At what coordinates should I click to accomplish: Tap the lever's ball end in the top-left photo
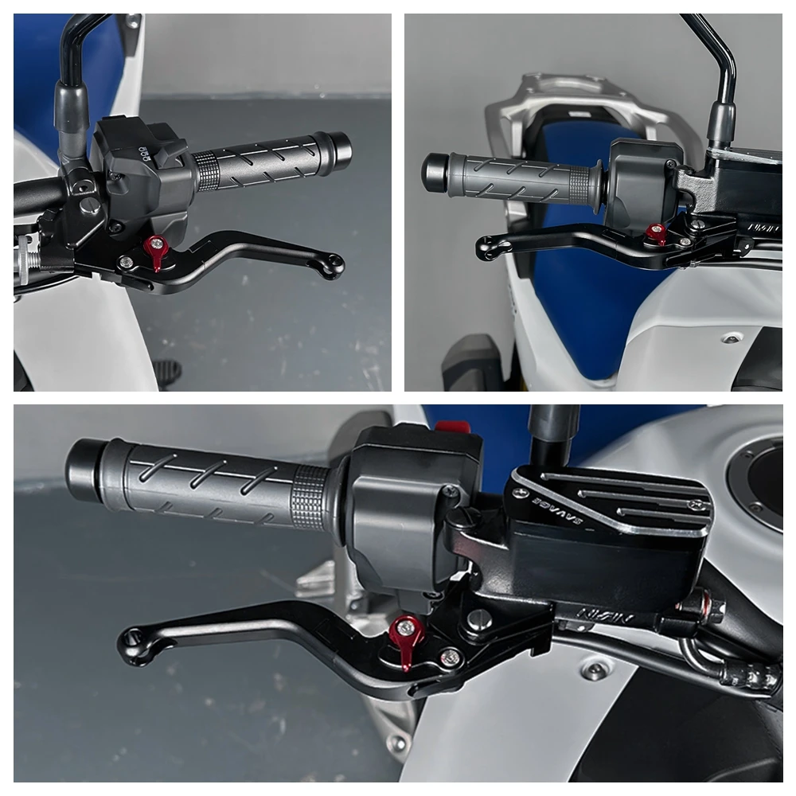click(x=332, y=265)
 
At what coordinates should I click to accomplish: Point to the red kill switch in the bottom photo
click(x=452, y=427)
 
